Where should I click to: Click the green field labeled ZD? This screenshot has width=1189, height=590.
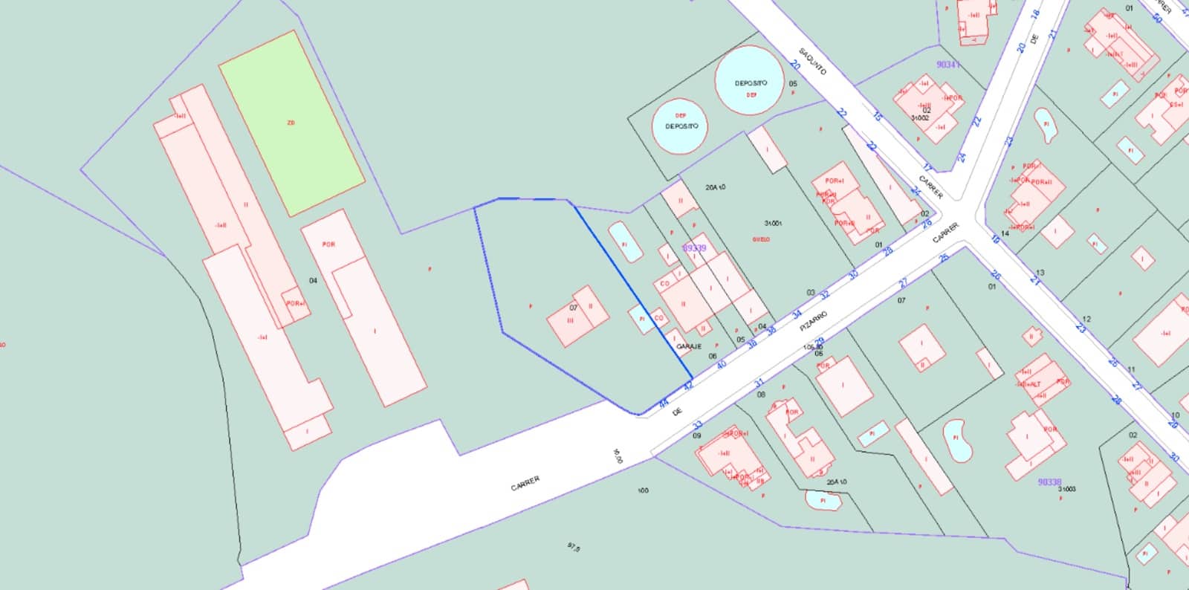pyautogui.click(x=291, y=123)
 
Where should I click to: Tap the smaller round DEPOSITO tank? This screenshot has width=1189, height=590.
pyautogui.click(x=680, y=126)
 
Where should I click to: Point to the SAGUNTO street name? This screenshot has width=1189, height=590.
pyautogui.click(x=812, y=62)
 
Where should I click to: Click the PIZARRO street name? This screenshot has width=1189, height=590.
pyautogui.click(x=813, y=322)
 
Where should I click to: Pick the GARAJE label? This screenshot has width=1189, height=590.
pyautogui.click(x=689, y=346)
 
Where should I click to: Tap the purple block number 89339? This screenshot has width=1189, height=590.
pyautogui.click(x=694, y=248)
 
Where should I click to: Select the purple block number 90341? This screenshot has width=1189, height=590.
pyautogui.click(x=947, y=65)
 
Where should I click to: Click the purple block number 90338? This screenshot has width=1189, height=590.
pyautogui.click(x=1049, y=482)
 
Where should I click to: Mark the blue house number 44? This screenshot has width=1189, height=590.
pyautogui.click(x=664, y=404)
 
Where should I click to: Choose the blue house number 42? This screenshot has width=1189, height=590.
pyautogui.click(x=688, y=386)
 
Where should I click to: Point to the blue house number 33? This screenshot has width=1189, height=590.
pyautogui.click(x=697, y=426)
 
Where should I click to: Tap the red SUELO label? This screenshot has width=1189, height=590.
pyautogui.click(x=761, y=239)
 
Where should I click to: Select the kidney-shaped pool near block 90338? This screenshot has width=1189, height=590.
pyautogui.click(x=957, y=440)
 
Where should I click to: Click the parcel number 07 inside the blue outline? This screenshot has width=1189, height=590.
pyautogui.click(x=573, y=308)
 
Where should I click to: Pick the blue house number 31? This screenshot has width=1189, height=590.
pyautogui.click(x=759, y=383)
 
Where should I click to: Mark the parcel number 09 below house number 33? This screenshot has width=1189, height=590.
pyautogui.click(x=696, y=435)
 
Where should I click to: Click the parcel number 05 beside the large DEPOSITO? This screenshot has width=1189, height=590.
pyautogui.click(x=793, y=84)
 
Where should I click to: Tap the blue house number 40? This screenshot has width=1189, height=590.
pyautogui.click(x=721, y=365)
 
